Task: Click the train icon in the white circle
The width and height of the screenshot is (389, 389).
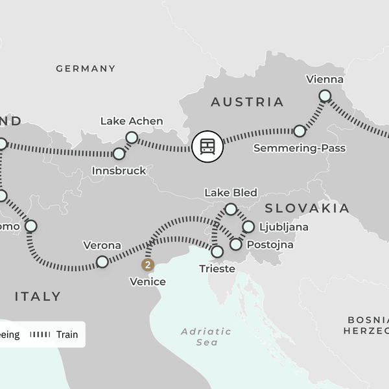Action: pyautogui.click(x=207, y=146)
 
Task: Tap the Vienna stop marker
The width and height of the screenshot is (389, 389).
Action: pyautogui.click(x=325, y=96)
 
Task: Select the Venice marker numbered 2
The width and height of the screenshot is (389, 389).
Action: pyautogui.click(x=148, y=265)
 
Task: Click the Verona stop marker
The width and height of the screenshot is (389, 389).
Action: pyautogui.click(x=102, y=262)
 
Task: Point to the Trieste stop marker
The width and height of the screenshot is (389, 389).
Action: pyautogui.click(x=217, y=252)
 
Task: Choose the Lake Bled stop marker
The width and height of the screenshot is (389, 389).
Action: pyautogui.click(x=230, y=209)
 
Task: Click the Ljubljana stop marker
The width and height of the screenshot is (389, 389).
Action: pyautogui.click(x=248, y=227)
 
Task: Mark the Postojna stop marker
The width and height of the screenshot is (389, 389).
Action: pyautogui.click(x=236, y=244)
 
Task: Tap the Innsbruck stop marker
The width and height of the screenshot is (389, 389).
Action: pyautogui.click(x=119, y=154)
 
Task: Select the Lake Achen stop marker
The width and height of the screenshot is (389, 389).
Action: pyautogui.click(x=132, y=137)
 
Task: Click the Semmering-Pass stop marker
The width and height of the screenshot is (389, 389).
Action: pyautogui.click(x=300, y=131)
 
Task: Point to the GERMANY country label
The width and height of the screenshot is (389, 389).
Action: pyautogui.click(x=86, y=68)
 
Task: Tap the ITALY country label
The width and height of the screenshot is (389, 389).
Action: pyautogui.click(x=38, y=296)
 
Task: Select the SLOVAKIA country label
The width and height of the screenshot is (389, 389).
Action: pyautogui.click(x=307, y=208)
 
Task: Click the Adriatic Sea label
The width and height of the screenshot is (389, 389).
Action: pyautogui.click(x=206, y=336)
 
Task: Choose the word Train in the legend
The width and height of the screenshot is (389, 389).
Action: pyautogui.click(x=67, y=335)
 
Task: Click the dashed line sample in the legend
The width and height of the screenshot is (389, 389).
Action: pyautogui.click(x=41, y=335)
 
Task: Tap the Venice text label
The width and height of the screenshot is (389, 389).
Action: pyautogui.click(x=148, y=281)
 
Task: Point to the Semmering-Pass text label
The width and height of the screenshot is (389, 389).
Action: pyautogui.click(x=300, y=148)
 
